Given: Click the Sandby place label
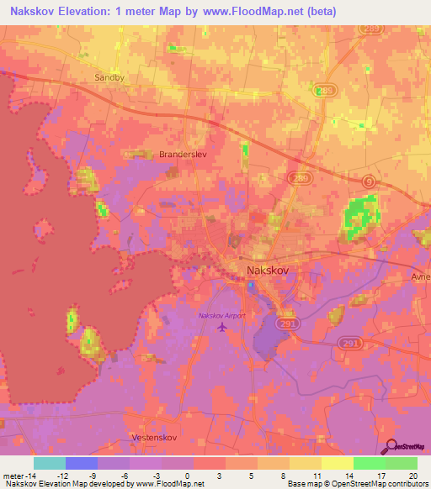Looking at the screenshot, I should (109, 77).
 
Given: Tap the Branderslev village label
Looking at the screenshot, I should (183, 155).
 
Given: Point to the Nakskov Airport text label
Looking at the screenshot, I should (222, 315).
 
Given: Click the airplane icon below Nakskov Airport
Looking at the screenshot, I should (222, 327).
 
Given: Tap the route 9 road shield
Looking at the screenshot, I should (369, 181).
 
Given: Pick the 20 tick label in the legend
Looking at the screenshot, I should (412, 475).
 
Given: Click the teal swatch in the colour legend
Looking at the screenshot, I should (50, 463).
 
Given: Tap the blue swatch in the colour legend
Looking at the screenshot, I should (82, 463).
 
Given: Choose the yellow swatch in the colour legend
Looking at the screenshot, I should (306, 463).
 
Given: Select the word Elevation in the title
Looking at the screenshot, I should (92, 11).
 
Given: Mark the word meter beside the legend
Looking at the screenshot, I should (13, 475).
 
